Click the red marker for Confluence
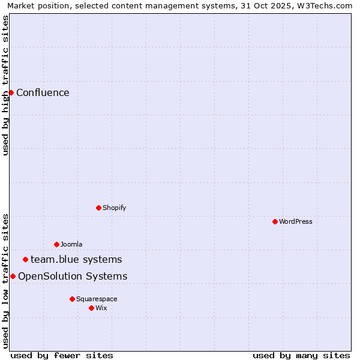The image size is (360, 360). tap(11, 92)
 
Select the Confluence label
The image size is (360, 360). tap(43, 92)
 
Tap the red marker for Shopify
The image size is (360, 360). tap(98, 208)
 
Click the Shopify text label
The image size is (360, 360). tap(114, 208)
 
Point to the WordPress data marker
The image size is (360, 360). tap(275, 221)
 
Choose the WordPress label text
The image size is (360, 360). tap(295, 221)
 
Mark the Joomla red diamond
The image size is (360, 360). tap(56, 244)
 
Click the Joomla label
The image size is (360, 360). tap(71, 244)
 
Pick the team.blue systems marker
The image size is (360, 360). tap(25, 259)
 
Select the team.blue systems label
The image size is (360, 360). tap(76, 259)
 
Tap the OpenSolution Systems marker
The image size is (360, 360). tap(13, 276)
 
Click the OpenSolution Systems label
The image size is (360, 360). tap(73, 276)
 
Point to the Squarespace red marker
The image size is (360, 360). tap(72, 299)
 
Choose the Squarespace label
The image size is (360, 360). tap(97, 299)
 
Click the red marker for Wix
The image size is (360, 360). tap(91, 308)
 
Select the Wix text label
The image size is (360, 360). tap(101, 308)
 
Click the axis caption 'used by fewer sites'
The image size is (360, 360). tap(62, 355)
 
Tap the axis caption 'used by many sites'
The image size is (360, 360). tap(301, 355)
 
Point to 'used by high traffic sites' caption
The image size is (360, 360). tap(5, 85)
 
